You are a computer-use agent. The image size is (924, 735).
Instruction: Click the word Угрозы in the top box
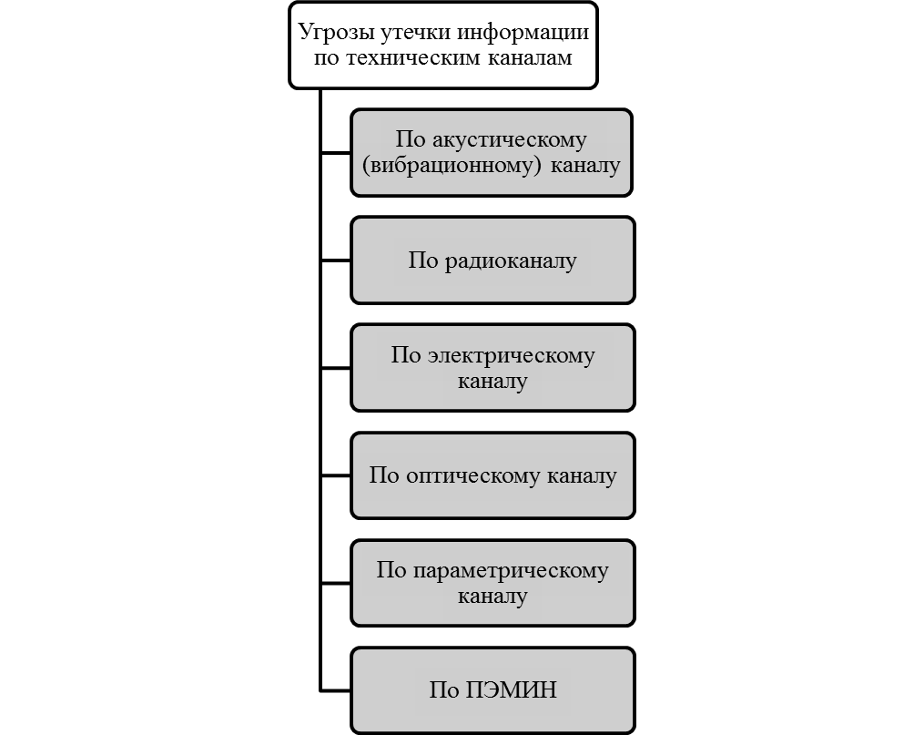tap(336, 33)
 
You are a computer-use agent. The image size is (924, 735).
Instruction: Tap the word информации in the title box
tap(523, 33)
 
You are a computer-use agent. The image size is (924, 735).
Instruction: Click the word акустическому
tap(510, 140)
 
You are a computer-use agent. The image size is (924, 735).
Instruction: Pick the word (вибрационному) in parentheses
tap(452, 166)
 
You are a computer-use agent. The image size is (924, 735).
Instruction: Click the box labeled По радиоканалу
tap(492, 260)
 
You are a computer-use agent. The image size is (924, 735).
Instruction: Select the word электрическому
tap(511, 356)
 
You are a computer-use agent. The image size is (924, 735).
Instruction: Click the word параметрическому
tap(511, 571)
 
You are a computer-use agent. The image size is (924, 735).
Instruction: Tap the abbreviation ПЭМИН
tap(511, 690)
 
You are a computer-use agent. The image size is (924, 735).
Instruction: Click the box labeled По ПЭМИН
tap(492, 690)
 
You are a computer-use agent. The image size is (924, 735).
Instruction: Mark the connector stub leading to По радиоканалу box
tap(335, 260)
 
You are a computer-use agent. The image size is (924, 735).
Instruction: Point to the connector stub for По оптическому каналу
tap(335, 475)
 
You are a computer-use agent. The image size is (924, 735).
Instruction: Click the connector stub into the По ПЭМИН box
tap(335, 690)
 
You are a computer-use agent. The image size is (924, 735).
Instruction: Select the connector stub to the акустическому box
tap(335, 153)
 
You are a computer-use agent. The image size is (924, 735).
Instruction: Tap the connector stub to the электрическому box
tap(335, 368)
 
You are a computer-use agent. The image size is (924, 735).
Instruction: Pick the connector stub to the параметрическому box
tap(335, 583)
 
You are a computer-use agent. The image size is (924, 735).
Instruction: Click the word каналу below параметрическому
tap(492, 597)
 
